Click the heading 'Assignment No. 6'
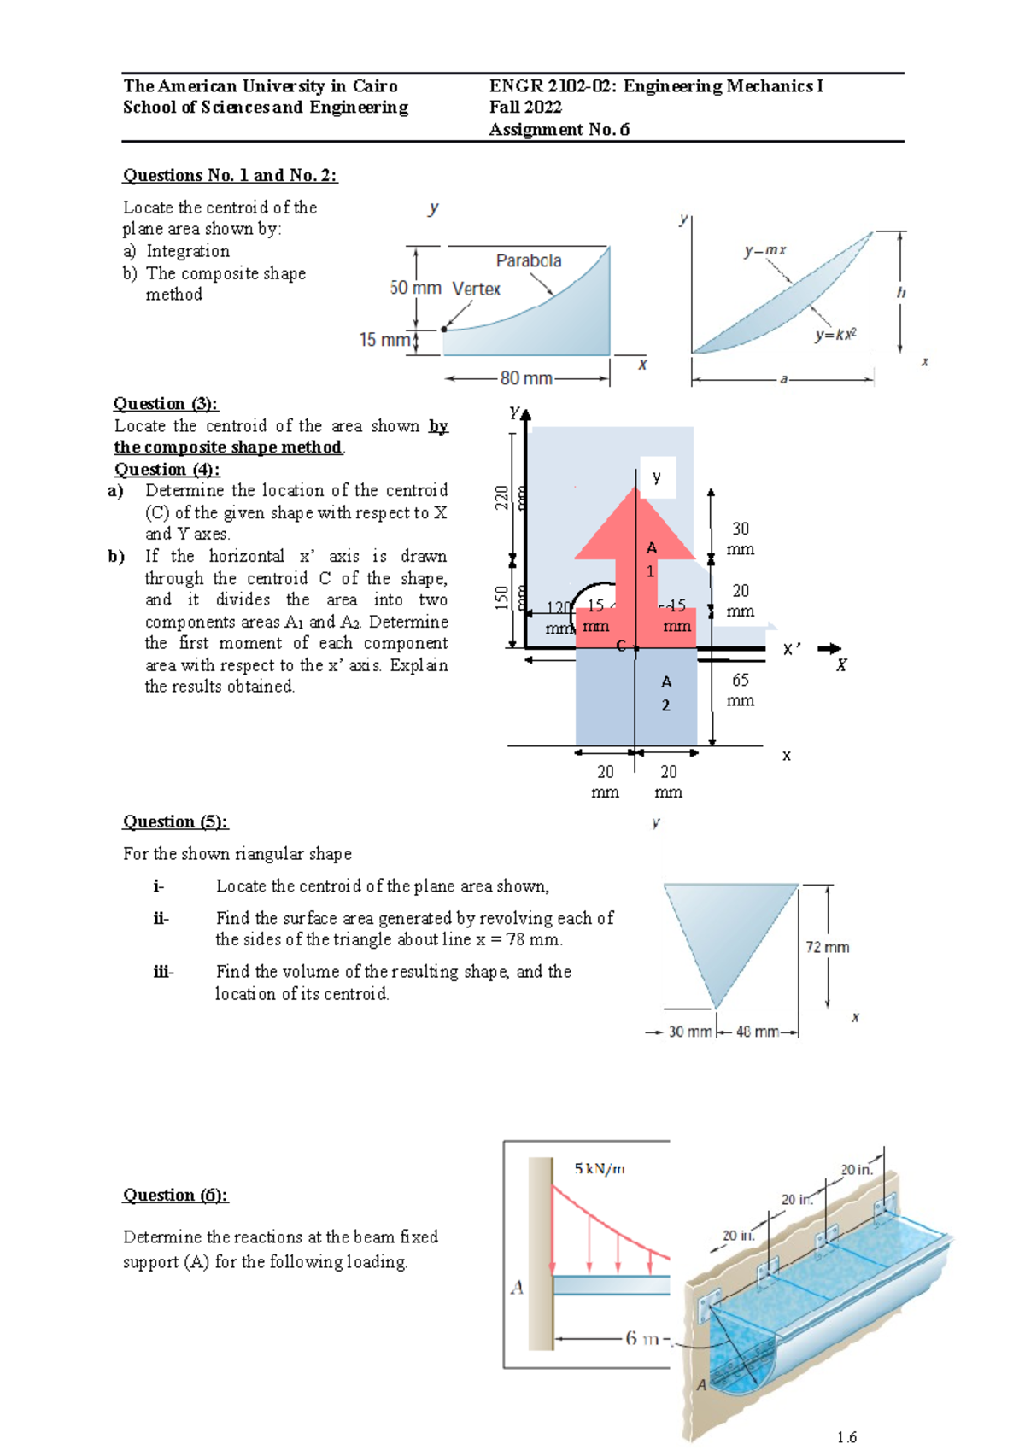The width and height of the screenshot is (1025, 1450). [559, 129]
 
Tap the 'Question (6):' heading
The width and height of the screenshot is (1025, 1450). [175, 1195]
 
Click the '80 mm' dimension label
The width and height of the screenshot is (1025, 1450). [526, 377]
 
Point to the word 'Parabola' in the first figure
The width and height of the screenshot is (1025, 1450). [529, 260]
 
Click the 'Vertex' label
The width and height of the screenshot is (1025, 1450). [476, 289]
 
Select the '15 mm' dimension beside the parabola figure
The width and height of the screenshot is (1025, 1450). [384, 340]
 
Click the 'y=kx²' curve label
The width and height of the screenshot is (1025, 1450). [835, 335]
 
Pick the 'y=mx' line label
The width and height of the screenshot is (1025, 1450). [764, 250]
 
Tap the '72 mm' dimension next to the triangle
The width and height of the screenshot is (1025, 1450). [827, 946]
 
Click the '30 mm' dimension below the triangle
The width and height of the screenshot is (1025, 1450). [688, 1032]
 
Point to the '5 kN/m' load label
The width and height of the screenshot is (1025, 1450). [600, 1168]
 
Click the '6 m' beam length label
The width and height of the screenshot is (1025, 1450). [642, 1338]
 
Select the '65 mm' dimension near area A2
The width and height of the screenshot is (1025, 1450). [741, 690]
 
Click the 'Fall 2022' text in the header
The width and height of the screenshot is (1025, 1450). [525, 107]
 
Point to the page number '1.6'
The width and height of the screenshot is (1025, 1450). [846, 1437]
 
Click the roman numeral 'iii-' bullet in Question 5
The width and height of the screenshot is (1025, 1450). [163, 972]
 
